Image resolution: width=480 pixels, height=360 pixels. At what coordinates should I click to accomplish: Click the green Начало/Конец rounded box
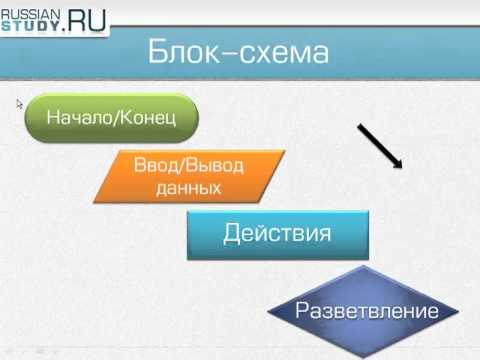[x=110, y=118]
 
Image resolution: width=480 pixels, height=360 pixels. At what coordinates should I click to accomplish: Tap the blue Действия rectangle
[x=277, y=235]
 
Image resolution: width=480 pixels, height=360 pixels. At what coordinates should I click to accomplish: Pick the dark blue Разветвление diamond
[x=367, y=309]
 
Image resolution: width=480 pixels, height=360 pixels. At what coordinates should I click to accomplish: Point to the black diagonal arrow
[x=380, y=146]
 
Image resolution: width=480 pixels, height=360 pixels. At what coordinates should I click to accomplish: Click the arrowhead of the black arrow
[x=398, y=164]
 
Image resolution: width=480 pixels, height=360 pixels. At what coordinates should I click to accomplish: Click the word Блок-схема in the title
[x=238, y=51]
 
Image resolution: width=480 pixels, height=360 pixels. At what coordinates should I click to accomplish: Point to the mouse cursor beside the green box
[x=20, y=103]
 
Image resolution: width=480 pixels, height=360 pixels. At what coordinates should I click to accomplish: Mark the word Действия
[x=277, y=235]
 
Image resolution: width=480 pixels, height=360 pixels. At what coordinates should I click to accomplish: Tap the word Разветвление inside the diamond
[x=367, y=311]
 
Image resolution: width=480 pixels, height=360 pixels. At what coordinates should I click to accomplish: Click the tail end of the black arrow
[x=360, y=126]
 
